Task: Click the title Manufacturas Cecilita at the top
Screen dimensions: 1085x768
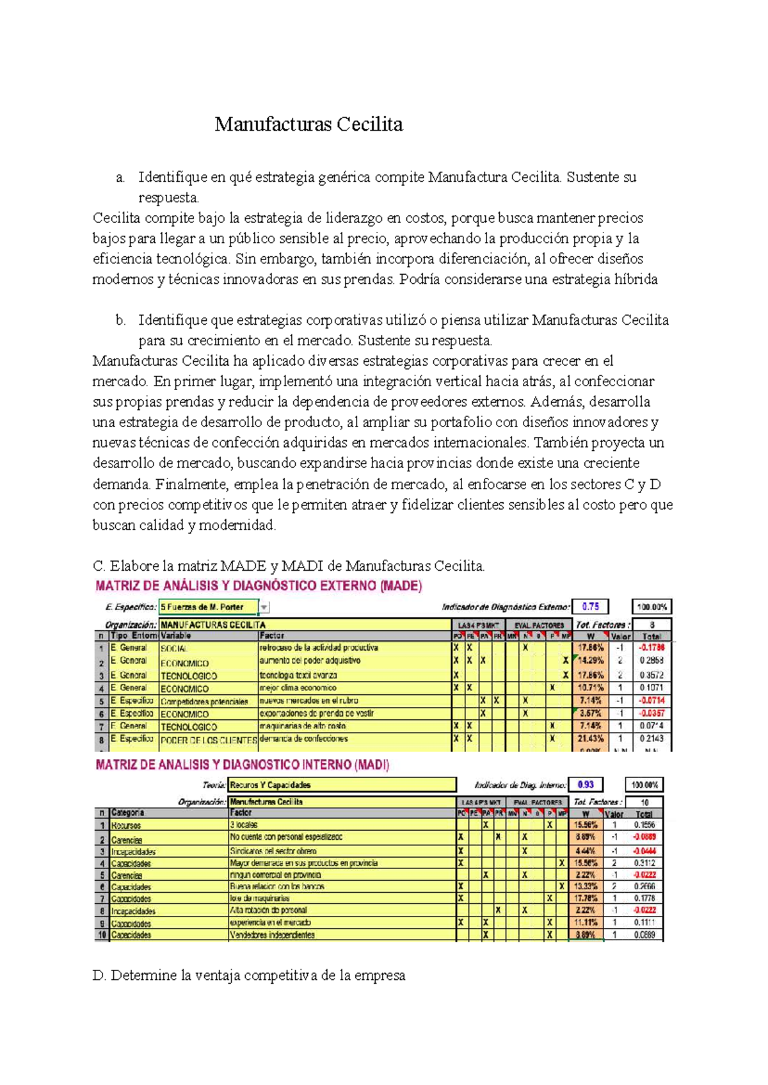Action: point(308,124)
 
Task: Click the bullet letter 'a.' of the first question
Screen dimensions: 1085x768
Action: point(121,177)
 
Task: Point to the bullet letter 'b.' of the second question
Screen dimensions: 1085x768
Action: point(121,320)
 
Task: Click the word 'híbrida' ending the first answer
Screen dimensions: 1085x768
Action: point(636,279)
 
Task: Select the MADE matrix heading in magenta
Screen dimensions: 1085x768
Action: point(259,585)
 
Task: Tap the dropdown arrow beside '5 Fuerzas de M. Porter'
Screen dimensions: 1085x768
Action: point(264,607)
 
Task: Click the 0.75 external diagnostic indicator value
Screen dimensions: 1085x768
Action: point(590,607)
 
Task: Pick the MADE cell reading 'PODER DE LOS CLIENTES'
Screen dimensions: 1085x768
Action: point(209,740)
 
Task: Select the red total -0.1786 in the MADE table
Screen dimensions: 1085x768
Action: point(652,648)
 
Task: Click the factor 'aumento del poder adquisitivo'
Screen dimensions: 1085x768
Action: point(310,660)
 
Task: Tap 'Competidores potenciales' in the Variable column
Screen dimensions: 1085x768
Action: point(204,701)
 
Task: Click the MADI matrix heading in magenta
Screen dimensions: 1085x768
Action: point(242,765)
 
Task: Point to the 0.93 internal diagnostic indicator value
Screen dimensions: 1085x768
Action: point(586,785)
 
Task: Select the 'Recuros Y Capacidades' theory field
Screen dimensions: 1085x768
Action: point(342,785)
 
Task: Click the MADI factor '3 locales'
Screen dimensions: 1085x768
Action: point(242,825)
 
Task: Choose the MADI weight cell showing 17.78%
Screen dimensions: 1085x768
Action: point(585,899)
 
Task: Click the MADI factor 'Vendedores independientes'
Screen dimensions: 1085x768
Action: point(272,935)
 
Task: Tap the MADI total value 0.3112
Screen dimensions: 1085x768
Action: point(644,863)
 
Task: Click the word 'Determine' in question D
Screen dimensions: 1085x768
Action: point(143,976)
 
